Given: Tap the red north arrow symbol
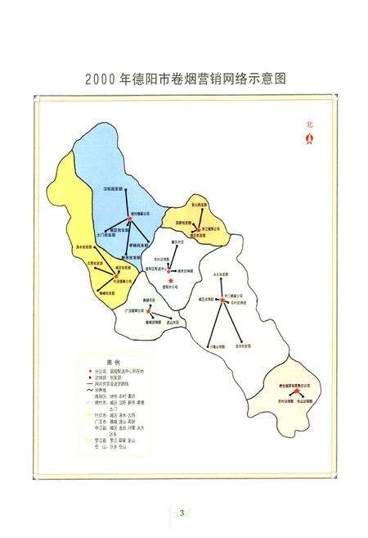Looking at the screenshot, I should [x=309, y=138].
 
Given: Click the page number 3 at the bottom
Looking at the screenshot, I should [x=182, y=513].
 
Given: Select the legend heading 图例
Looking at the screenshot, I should [x=112, y=361].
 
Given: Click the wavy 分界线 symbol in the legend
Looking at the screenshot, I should [x=91, y=390].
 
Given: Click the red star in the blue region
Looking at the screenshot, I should [x=130, y=218].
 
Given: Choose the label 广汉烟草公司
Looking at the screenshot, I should [x=134, y=310].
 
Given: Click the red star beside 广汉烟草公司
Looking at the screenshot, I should [x=149, y=311].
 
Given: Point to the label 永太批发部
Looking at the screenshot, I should [x=219, y=274].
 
